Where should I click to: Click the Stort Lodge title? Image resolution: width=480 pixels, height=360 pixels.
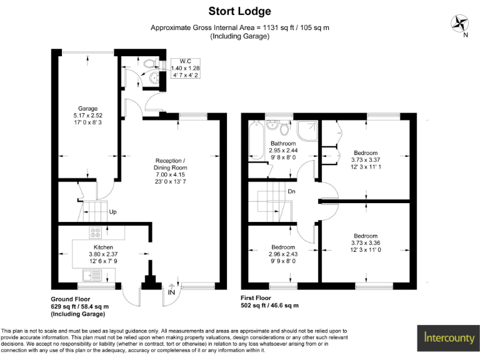point(239,11)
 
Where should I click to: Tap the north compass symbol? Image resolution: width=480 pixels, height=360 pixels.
point(461,23)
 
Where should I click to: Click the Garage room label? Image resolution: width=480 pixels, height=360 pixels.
point(87,109)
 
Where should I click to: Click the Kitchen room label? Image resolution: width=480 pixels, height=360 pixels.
point(86,247)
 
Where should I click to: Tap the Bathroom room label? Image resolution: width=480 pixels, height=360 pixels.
point(282,144)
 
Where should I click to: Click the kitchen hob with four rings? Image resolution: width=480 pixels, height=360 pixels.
point(96,232)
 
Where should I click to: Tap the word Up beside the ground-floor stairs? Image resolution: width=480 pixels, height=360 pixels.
point(113,212)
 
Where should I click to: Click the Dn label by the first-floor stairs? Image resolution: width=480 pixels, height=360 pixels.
point(292,192)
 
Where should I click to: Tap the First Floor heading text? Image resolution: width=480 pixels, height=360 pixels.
point(259,299)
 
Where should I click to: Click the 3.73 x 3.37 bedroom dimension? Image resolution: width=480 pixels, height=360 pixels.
point(366,160)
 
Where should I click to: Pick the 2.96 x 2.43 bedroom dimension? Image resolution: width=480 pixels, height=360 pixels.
point(282,254)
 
